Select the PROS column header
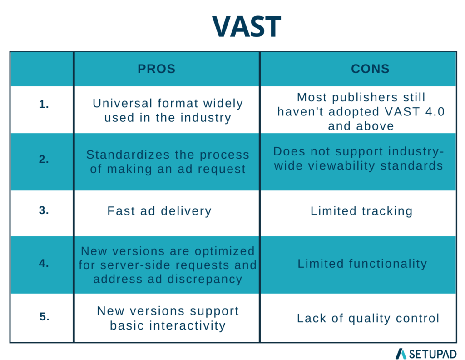pyautogui.click(x=157, y=69)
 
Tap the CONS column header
pyautogui.click(x=370, y=69)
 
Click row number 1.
pyautogui.click(x=44, y=104)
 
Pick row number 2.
pyautogui.click(x=44, y=160)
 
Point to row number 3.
pyautogui.click(x=44, y=210)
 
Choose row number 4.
pyautogui.click(x=44, y=263)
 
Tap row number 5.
pyautogui.click(x=44, y=317)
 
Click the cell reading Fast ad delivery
pyautogui.click(x=159, y=211)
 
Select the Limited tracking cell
pyautogui.click(x=361, y=211)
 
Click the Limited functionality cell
pyautogui.click(x=362, y=264)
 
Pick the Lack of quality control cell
pyautogui.click(x=368, y=318)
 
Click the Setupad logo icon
pyautogui.click(x=401, y=353)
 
